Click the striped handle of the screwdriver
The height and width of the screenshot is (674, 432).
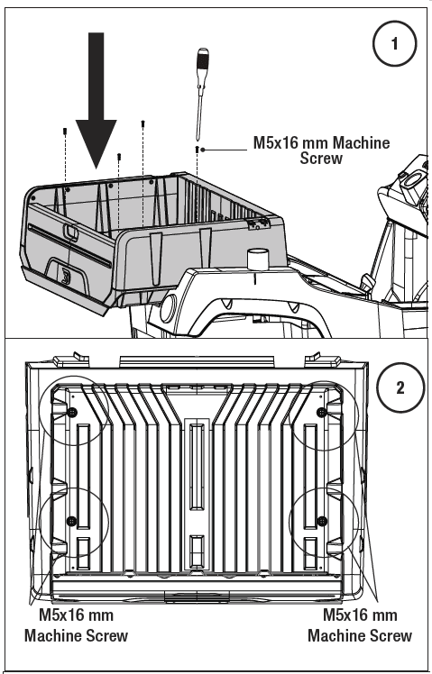click(x=203, y=67)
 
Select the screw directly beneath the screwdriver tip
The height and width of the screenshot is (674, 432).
click(x=197, y=146)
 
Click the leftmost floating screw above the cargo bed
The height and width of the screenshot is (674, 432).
click(x=66, y=132)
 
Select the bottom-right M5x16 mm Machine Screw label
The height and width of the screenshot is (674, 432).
click(x=359, y=625)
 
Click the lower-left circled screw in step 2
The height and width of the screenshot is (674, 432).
click(x=70, y=521)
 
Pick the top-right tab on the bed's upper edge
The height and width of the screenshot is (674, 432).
click(x=315, y=357)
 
